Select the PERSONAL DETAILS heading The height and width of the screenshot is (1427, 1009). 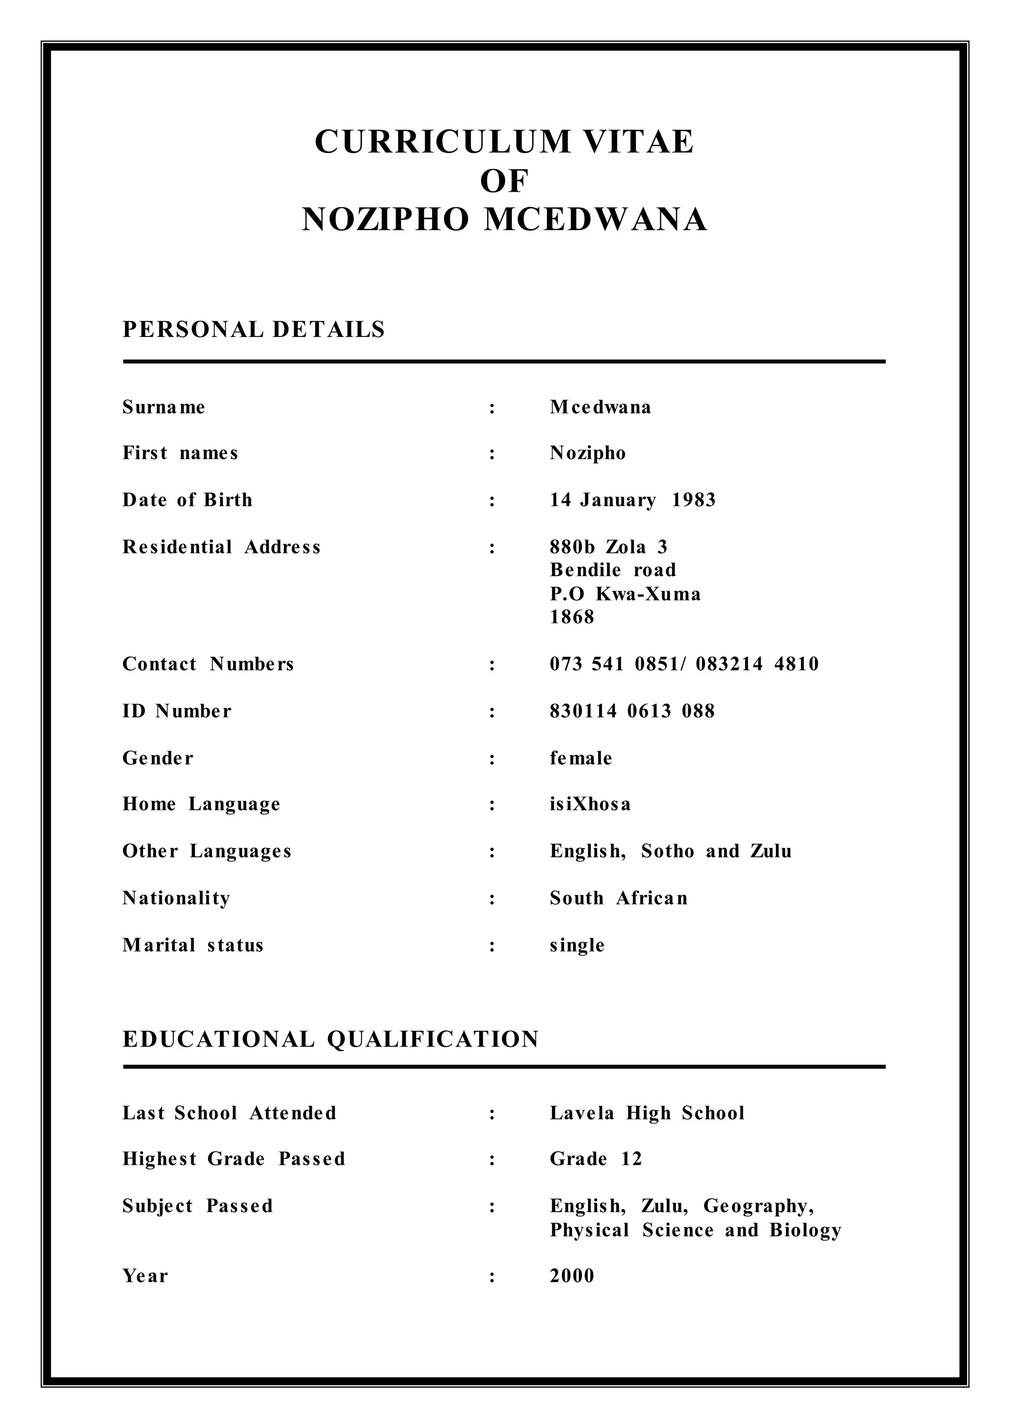(254, 330)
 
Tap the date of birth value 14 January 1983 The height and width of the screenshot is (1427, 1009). (633, 500)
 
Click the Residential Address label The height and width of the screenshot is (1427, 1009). (221, 547)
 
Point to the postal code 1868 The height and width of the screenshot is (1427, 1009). (572, 617)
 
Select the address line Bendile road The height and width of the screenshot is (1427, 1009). (612, 570)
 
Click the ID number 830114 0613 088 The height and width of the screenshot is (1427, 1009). (632, 711)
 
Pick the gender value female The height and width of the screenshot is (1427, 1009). (581, 758)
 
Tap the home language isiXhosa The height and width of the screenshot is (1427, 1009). (590, 804)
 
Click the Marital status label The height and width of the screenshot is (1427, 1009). (193, 945)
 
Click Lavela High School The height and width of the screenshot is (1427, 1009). (647, 1113)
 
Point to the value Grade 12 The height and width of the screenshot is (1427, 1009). (595, 1159)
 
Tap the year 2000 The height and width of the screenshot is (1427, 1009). (572, 1276)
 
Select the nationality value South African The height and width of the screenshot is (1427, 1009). (618, 899)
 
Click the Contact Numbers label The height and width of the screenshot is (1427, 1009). (208, 664)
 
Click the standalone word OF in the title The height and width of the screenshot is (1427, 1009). (504, 181)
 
